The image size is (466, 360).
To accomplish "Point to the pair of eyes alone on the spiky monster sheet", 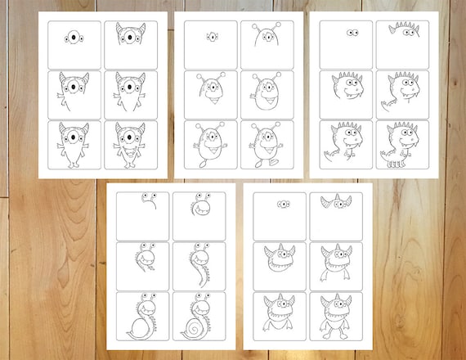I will (352, 34).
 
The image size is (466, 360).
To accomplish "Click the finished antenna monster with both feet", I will (266, 145).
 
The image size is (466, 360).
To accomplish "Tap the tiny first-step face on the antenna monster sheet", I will (211, 37).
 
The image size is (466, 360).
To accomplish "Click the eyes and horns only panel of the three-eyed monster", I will (335, 203).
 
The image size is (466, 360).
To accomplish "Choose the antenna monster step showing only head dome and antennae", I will (266, 36).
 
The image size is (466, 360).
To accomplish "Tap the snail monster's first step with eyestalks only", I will (146, 200).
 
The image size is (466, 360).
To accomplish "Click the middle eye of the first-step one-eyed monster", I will (74, 36).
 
